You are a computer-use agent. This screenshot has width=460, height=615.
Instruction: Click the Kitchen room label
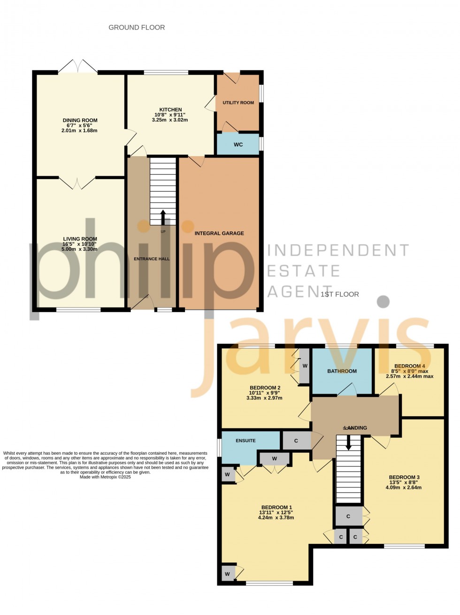tap(170, 110)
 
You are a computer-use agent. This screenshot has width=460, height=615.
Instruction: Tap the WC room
tap(238, 144)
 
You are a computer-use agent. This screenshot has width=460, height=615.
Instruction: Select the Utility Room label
tap(238, 103)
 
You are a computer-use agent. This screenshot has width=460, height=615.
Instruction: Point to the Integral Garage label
tap(219, 233)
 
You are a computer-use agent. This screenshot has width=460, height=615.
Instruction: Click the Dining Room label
tap(80, 120)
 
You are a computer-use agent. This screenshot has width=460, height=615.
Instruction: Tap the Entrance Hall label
tap(152, 259)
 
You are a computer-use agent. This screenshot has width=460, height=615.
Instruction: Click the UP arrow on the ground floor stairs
tap(163, 217)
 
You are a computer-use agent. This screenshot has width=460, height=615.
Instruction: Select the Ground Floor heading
tap(137, 28)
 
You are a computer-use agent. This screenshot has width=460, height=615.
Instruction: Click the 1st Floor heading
tap(340, 294)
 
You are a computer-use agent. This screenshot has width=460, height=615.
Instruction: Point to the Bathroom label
tap(342, 371)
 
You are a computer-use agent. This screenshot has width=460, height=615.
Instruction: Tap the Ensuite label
tap(245, 441)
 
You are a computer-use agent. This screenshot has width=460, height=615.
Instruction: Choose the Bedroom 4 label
tap(409, 366)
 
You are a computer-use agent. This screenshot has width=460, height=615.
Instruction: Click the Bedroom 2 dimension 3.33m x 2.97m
tap(264, 398)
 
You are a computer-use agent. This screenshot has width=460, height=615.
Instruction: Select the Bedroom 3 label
tap(404, 478)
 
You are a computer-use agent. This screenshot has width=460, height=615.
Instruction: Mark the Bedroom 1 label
tap(276, 507)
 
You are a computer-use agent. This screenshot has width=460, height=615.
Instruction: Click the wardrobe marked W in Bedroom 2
tap(305, 366)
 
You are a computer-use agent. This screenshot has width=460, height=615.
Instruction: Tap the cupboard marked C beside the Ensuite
tap(296, 441)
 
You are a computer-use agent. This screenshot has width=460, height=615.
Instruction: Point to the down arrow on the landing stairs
tap(348, 443)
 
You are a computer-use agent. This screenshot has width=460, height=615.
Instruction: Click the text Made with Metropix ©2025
tap(105, 477)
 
